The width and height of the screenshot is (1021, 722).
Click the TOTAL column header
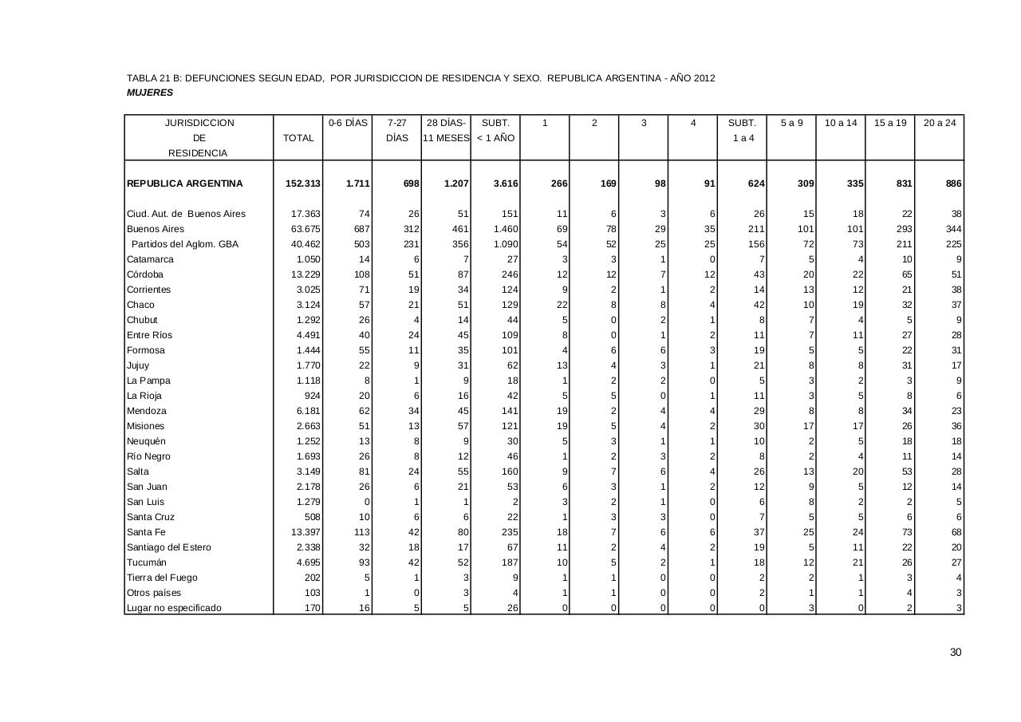tap(298, 138)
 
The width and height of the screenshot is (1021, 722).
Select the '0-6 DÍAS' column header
tap(348, 123)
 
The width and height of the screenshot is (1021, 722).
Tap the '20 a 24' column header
tap(939, 123)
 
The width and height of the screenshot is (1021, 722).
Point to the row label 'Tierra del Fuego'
tap(162, 578)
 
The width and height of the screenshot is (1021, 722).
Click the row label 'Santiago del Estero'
tap(169, 547)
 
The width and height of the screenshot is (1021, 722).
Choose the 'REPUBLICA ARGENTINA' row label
tap(184, 183)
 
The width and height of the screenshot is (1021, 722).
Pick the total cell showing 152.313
tap(303, 183)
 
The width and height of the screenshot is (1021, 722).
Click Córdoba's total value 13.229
tap(306, 274)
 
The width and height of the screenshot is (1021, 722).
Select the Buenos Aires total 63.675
tap(306, 229)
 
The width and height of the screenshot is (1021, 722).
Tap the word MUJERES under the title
tap(150, 93)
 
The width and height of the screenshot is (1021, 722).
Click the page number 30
tap(956, 653)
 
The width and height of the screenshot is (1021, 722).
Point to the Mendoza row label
tap(146, 411)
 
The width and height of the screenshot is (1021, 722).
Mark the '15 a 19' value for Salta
tap(906, 471)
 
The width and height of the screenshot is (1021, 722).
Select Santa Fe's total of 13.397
tap(306, 532)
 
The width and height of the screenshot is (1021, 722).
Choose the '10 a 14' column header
tap(841, 123)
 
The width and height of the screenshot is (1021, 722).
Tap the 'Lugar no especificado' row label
tap(174, 608)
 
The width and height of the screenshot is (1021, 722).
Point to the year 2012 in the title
tap(704, 78)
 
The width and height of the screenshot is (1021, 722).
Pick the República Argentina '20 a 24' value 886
tap(953, 183)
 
